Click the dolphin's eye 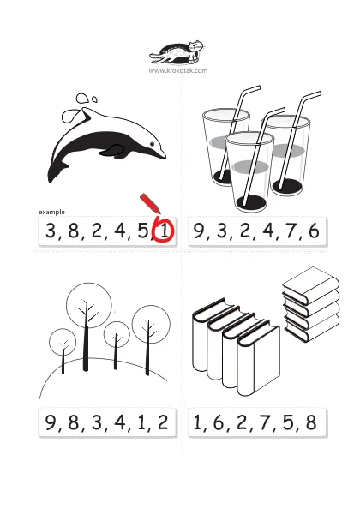point(152,143)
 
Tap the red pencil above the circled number point(150,204)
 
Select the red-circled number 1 point(165,231)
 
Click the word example point(51,212)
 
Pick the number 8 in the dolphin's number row point(74,231)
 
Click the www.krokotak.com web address point(178,70)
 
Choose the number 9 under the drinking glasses point(198,231)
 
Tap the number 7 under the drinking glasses point(291,231)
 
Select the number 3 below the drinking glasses point(222,231)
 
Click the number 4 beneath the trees point(120,422)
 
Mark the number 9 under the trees point(51,422)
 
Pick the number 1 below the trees point(141,422)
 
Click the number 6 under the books point(219,422)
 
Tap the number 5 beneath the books point(288,422)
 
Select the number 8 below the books point(310,422)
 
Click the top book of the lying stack point(310,284)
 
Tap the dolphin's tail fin point(56,171)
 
